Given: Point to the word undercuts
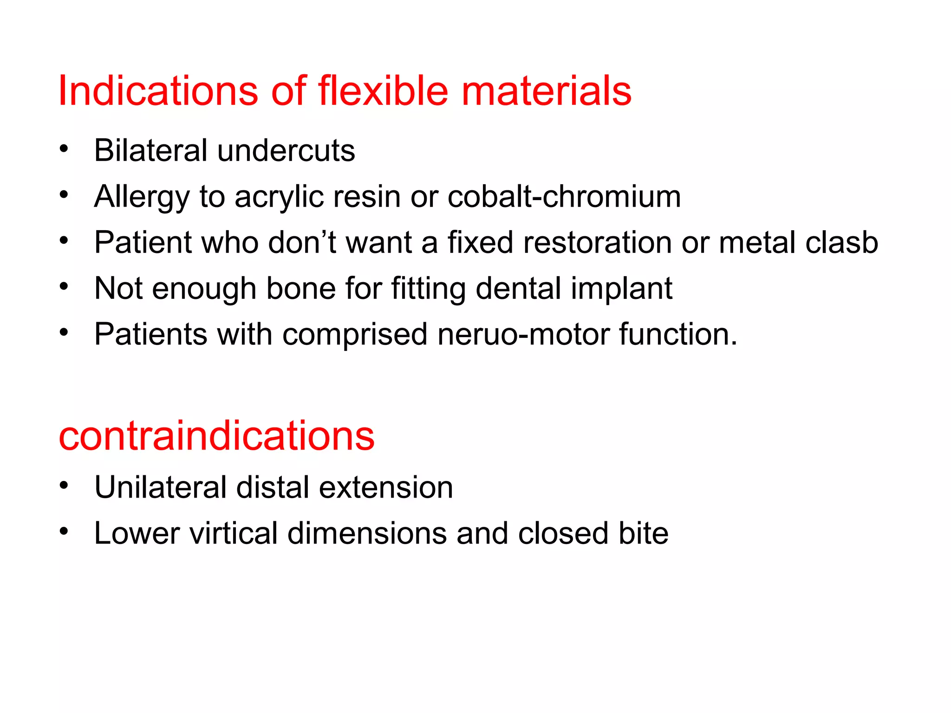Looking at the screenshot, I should [286, 150].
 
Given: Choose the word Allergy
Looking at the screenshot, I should [142, 197].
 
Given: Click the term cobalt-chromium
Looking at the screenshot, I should [564, 196].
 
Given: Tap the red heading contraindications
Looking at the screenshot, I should [216, 436].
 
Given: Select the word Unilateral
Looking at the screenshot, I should [160, 487].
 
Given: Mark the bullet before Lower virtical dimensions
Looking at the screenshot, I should [64, 531].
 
